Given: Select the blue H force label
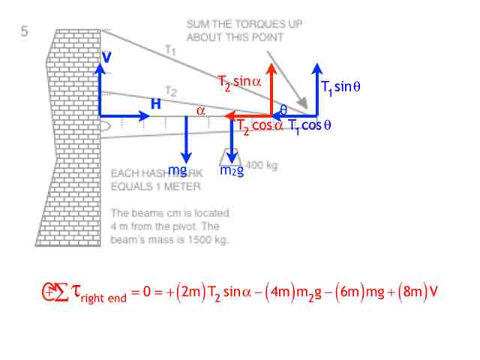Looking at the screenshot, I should click(155, 105).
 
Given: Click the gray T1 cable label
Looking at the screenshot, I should click(170, 49).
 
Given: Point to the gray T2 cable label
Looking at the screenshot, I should click(171, 92).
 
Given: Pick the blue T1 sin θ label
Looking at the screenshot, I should click(341, 88).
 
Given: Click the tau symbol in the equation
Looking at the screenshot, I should click(73, 292).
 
